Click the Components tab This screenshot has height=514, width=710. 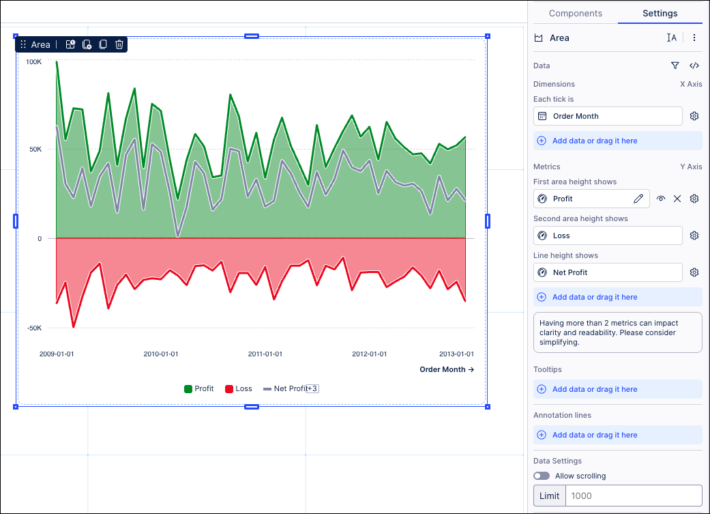(575, 14)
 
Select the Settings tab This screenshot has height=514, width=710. (660, 14)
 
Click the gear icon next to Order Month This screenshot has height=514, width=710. (694, 116)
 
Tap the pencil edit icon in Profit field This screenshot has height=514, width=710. (638, 199)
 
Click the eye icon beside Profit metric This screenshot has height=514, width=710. (661, 199)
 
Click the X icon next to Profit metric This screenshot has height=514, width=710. (677, 199)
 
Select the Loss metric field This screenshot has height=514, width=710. (607, 235)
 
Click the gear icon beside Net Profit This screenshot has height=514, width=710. (694, 272)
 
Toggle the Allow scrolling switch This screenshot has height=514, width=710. (542, 476)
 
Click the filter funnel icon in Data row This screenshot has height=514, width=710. (675, 66)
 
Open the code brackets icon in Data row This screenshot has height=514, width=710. (694, 66)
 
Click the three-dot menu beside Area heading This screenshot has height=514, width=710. (694, 38)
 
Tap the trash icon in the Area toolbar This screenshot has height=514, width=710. (119, 44)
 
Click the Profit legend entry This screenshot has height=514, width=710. (199, 389)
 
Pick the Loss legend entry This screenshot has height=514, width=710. (238, 389)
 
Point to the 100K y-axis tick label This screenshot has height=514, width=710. (33, 62)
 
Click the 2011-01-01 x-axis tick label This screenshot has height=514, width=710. (265, 354)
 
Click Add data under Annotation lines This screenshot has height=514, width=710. (595, 435)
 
